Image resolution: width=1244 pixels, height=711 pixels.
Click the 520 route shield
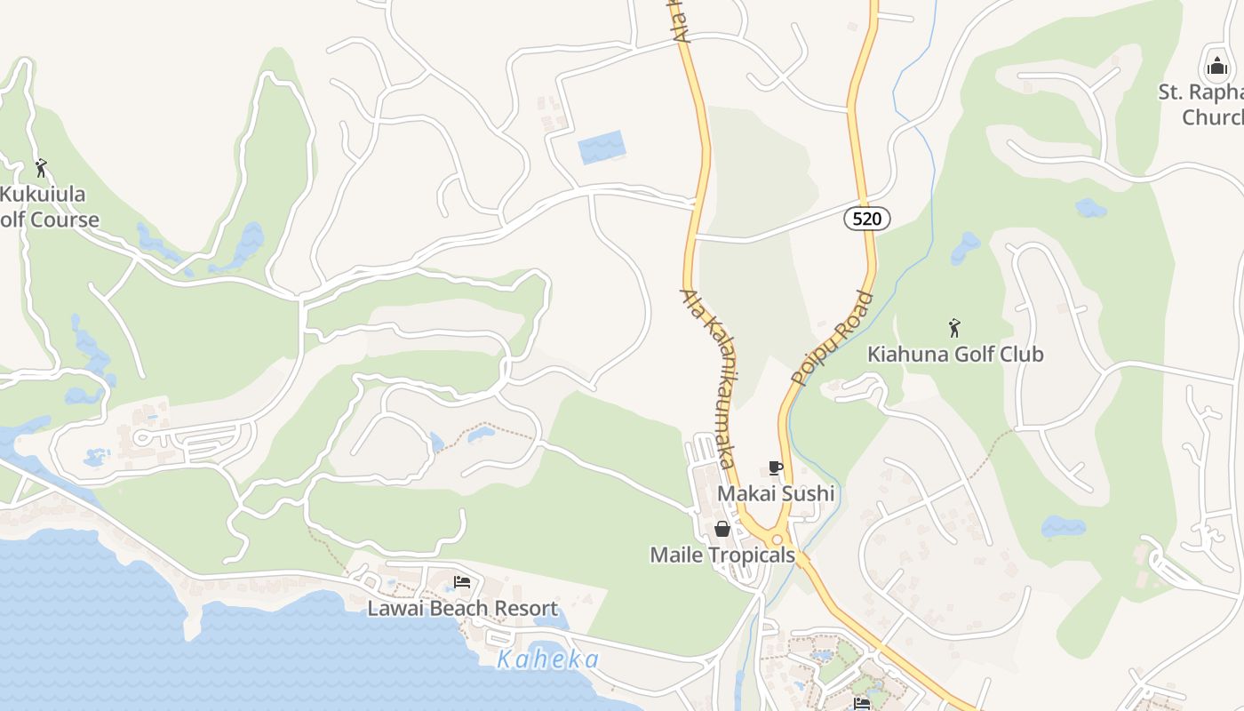click(x=866, y=219)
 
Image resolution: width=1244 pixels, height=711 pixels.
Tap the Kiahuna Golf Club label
click(x=955, y=354)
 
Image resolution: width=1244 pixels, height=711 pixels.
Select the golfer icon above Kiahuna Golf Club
click(x=954, y=328)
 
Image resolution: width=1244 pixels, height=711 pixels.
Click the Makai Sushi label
click(x=776, y=493)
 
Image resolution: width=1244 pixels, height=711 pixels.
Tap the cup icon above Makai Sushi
click(x=776, y=468)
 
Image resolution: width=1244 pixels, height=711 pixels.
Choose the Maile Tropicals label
click(x=722, y=555)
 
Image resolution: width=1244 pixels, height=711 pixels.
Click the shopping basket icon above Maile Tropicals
click(x=722, y=530)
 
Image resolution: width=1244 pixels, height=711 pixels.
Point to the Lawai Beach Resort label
click(x=463, y=608)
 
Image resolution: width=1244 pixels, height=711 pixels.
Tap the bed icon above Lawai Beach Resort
click(x=462, y=582)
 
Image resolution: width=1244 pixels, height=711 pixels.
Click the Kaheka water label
click(x=548, y=659)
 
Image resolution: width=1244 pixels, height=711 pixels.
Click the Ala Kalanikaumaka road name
click(x=711, y=378)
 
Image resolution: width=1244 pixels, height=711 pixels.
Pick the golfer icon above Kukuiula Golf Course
click(x=41, y=167)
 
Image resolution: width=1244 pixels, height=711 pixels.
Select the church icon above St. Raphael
click(x=1216, y=66)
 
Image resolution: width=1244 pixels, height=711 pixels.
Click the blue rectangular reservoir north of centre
click(x=602, y=147)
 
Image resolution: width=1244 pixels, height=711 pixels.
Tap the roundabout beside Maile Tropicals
click(x=777, y=539)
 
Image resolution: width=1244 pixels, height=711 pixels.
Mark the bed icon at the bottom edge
click(x=861, y=704)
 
